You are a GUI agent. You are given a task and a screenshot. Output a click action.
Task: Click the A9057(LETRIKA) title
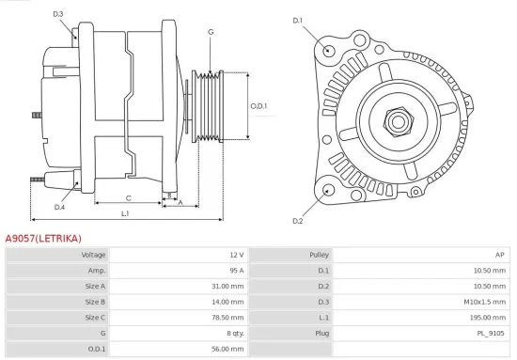click(x=43, y=239)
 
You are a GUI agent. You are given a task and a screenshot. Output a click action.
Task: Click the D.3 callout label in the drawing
click(x=58, y=14)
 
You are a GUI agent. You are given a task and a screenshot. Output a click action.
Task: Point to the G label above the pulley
click(x=210, y=32)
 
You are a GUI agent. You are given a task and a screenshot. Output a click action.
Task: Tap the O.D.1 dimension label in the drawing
click(x=258, y=105)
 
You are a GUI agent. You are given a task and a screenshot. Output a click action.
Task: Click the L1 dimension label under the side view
click(x=125, y=214)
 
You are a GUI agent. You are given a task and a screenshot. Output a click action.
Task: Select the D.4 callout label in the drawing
click(x=59, y=207)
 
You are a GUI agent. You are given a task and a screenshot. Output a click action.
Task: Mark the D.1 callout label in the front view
click(x=298, y=20)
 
